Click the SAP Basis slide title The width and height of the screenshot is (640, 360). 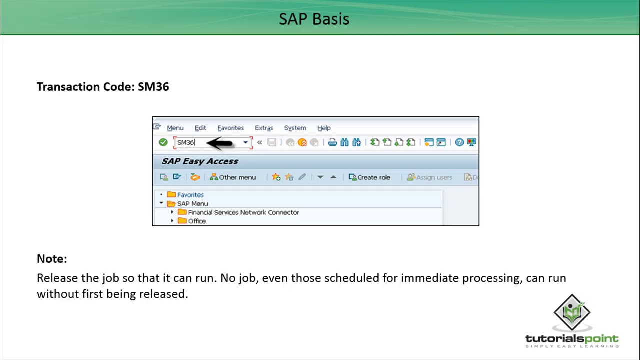point(314,19)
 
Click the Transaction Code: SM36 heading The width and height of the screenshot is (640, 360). point(103,87)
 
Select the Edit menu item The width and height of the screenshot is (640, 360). point(200,128)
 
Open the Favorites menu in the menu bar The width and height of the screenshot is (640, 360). point(230,128)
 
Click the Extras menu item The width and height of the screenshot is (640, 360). point(264,128)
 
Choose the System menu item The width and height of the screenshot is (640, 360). point(295,128)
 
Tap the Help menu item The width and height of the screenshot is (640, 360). point(324,128)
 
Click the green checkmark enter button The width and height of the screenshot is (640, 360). point(163,142)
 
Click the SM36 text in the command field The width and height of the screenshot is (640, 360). point(186,143)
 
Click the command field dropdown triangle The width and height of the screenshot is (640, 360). point(245,143)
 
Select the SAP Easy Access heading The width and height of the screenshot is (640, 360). point(200,161)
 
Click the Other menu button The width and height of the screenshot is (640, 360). point(233,177)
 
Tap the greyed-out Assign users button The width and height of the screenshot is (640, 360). point(430,177)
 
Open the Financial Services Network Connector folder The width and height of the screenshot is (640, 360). point(243,212)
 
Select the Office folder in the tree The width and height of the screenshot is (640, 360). point(196,221)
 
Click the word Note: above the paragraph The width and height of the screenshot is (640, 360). point(52,259)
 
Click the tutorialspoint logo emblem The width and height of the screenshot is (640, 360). point(572,312)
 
